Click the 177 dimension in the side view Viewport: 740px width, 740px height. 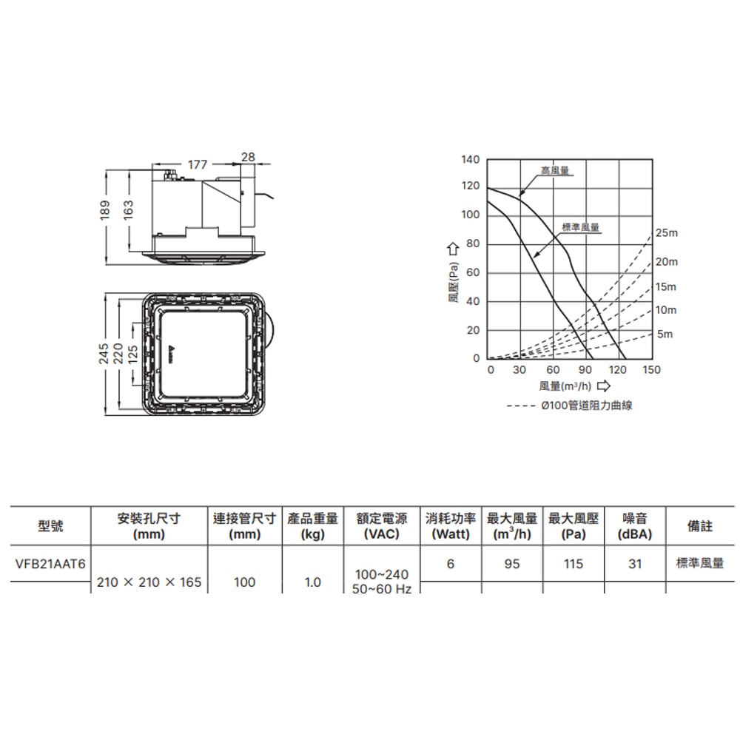(x=197, y=165)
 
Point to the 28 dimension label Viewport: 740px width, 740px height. (x=248, y=157)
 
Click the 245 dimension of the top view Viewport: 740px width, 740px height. (x=104, y=354)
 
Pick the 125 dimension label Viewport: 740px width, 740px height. (x=134, y=354)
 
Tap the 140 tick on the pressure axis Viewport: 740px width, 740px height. (x=470, y=160)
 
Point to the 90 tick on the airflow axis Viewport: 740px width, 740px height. (x=585, y=369)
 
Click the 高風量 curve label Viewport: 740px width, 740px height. (x=554, y=171)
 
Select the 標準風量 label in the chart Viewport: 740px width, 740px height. (x=580, y=228)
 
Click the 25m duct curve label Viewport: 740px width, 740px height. (x=666, y=233)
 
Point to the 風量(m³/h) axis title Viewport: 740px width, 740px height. (x=565, y=386)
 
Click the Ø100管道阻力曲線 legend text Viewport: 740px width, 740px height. (x=587, y=406)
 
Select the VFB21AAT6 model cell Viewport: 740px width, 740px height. (x=50, y=564)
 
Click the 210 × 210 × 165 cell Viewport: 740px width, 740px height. (x=149, y=582)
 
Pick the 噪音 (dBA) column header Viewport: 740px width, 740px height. (x=635, y=526)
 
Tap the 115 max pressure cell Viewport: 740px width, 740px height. (x=573, y=564)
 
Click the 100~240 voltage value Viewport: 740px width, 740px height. (x=382, y=574)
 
